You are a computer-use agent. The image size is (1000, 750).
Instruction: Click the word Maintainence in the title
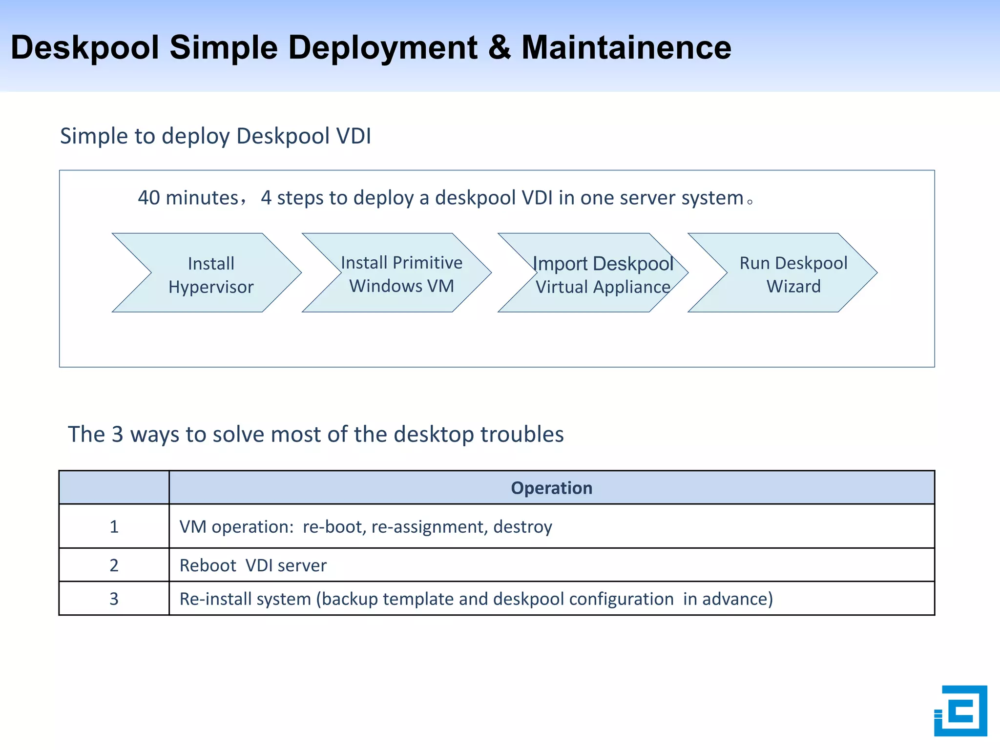click(626, 48)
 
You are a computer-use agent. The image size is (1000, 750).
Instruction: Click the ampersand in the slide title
click(499, 48)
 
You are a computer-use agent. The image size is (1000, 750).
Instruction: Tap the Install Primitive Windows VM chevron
click(401, 273)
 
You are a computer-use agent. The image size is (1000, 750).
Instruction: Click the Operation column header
click(551, 488)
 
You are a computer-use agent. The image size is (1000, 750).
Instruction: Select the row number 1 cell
click(114, 526)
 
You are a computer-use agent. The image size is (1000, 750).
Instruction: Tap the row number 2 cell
click(114, 565)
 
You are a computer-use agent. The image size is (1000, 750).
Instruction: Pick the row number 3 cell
click(114, 599)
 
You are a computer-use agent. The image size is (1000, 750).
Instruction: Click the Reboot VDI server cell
click(253, 565)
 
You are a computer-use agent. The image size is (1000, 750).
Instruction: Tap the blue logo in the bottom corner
click(960, 710)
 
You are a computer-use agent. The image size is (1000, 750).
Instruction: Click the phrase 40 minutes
click(187, 198)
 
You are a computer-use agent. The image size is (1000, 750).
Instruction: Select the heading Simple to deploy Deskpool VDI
click(215, 136)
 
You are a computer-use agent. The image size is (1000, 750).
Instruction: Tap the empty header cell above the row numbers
click(114, 487)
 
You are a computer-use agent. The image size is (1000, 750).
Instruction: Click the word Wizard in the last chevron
click(793, 287)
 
